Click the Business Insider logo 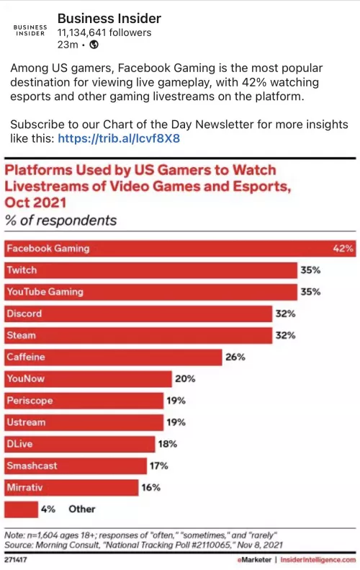[x=30, y=29]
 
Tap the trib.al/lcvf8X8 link [x=119, y=137]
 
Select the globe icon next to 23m [x=94, y=45]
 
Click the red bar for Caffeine [x=113, y=357]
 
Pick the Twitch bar [x=151, y=270]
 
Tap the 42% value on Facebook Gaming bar [x=343, y=249]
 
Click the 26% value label [x=235, y=357]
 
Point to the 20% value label [x=185, y=378]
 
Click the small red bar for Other [x=21, y=509]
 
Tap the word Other [x=81, y=509]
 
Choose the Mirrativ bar [x=71, y=487]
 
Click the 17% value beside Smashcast [x=158, y=466]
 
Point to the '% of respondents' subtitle [x=60, y=220]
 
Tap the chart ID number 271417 [x=16, y=558]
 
